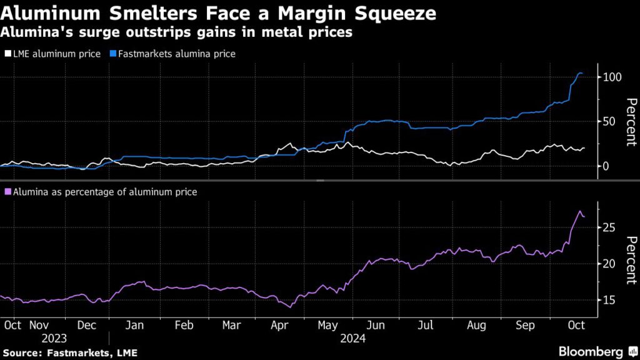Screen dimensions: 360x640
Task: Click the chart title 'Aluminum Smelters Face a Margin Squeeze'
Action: point(218,13)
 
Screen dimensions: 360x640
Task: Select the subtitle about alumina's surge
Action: point(177,32)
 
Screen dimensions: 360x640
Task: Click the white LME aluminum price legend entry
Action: point(52,54)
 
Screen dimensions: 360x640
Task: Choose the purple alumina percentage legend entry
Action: point(101,192)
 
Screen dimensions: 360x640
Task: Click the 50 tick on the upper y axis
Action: point(609,121)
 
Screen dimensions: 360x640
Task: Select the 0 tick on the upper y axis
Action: point(606,166)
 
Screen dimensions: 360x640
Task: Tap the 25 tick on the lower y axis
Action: point(609,227)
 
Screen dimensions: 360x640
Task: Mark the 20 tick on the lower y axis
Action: point(609,264)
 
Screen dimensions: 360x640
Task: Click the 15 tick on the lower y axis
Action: point(609,300)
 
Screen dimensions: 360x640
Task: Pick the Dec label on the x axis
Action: point(87,325)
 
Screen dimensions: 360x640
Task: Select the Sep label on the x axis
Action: point(526,325)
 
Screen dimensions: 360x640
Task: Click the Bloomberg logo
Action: point(594,351)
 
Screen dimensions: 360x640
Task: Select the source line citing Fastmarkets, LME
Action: point(69,352)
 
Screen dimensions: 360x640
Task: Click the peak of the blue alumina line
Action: point(579,73)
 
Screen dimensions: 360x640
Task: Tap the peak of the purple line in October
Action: point(579,211)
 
